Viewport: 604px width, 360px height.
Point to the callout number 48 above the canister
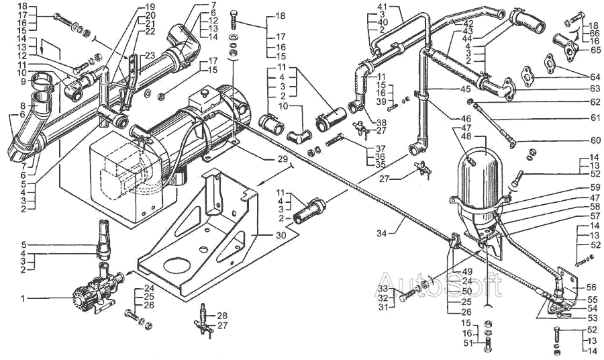[x=466, y=137]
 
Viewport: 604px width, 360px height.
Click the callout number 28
[x=221, y=315]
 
